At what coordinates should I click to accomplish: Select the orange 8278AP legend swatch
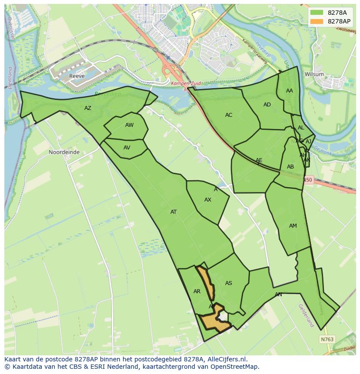(317, 21)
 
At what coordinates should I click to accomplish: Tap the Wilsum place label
(314, 74)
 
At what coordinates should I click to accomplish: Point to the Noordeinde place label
(64, 152)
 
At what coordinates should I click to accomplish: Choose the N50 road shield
(308, 180)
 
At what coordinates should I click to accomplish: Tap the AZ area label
(88, 108)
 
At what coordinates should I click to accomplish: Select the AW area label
(129, 125)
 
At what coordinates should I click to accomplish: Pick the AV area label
(127, 148)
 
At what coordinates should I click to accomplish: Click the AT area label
(173, 212)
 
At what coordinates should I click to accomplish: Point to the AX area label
(208, 200)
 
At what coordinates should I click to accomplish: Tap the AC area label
(229, 115)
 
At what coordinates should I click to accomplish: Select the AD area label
(267, 105)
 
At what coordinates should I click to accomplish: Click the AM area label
(293, 226)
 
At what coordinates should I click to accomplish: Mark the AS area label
(228, 283)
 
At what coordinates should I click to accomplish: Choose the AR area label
(197, 291)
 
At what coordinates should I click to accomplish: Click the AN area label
(278, 295)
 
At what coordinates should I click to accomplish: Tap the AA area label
(290, 91)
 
